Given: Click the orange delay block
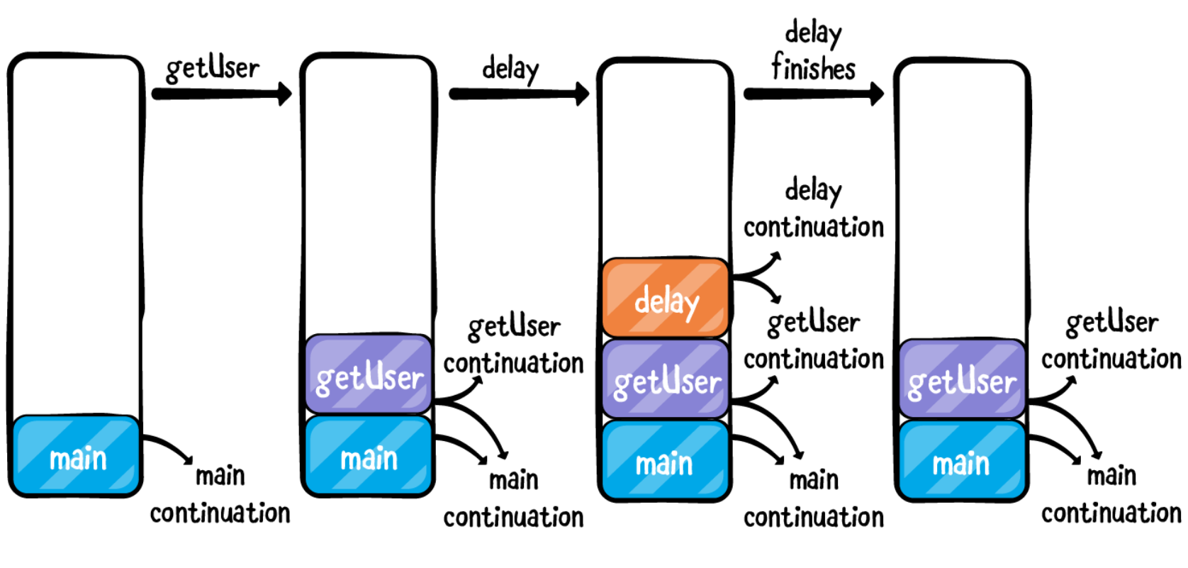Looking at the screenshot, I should tap(665, 298).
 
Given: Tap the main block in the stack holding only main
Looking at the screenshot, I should tap(77, 455).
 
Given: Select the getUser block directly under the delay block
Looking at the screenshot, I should tap(665, 379).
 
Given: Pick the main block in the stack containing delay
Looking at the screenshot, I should tap(665, 460).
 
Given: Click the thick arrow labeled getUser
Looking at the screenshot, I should tap(221, 94).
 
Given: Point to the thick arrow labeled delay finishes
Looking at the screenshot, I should tap(813, 94).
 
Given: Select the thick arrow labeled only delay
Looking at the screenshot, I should tap(518, 94).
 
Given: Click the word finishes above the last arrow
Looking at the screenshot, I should tap(813, 68).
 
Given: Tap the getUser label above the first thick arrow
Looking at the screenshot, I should tap(212, 69).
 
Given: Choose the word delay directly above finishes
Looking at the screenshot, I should tap(813, 33).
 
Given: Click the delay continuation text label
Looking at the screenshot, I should tap(813, 209).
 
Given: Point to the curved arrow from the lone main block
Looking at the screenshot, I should tap(169, 448).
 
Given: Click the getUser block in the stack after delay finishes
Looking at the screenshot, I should tap(962, 379).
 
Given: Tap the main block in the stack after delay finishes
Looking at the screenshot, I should tap(962, 460).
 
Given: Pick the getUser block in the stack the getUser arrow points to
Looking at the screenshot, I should tap(369, 374).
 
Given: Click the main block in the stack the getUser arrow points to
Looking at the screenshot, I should tap(369, 456).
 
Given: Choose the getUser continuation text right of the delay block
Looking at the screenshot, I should tap(813, 341).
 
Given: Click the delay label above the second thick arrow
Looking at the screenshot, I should tap(510, 69).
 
